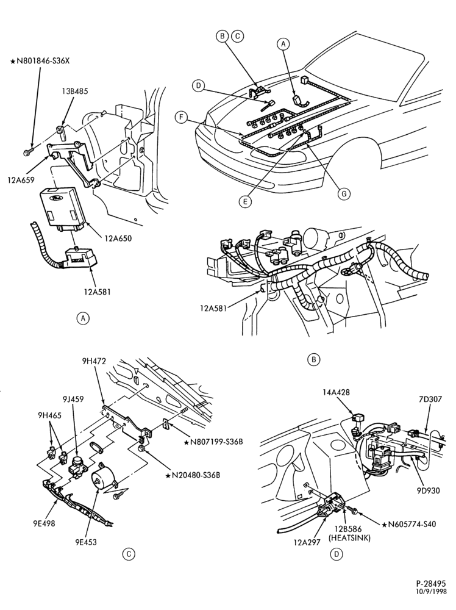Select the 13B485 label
tap(74, 91)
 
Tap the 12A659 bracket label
tap(21, 180)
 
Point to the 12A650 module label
tap(118, 238)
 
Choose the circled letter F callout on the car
tap(180, 117)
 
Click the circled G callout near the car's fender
tap(344, 193)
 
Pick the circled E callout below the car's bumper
tap(245, 201)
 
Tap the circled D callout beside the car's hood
tap(198, 85)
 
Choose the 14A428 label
tap(336, 392)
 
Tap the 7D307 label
tap(431, 399)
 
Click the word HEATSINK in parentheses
tap(349, 537)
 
